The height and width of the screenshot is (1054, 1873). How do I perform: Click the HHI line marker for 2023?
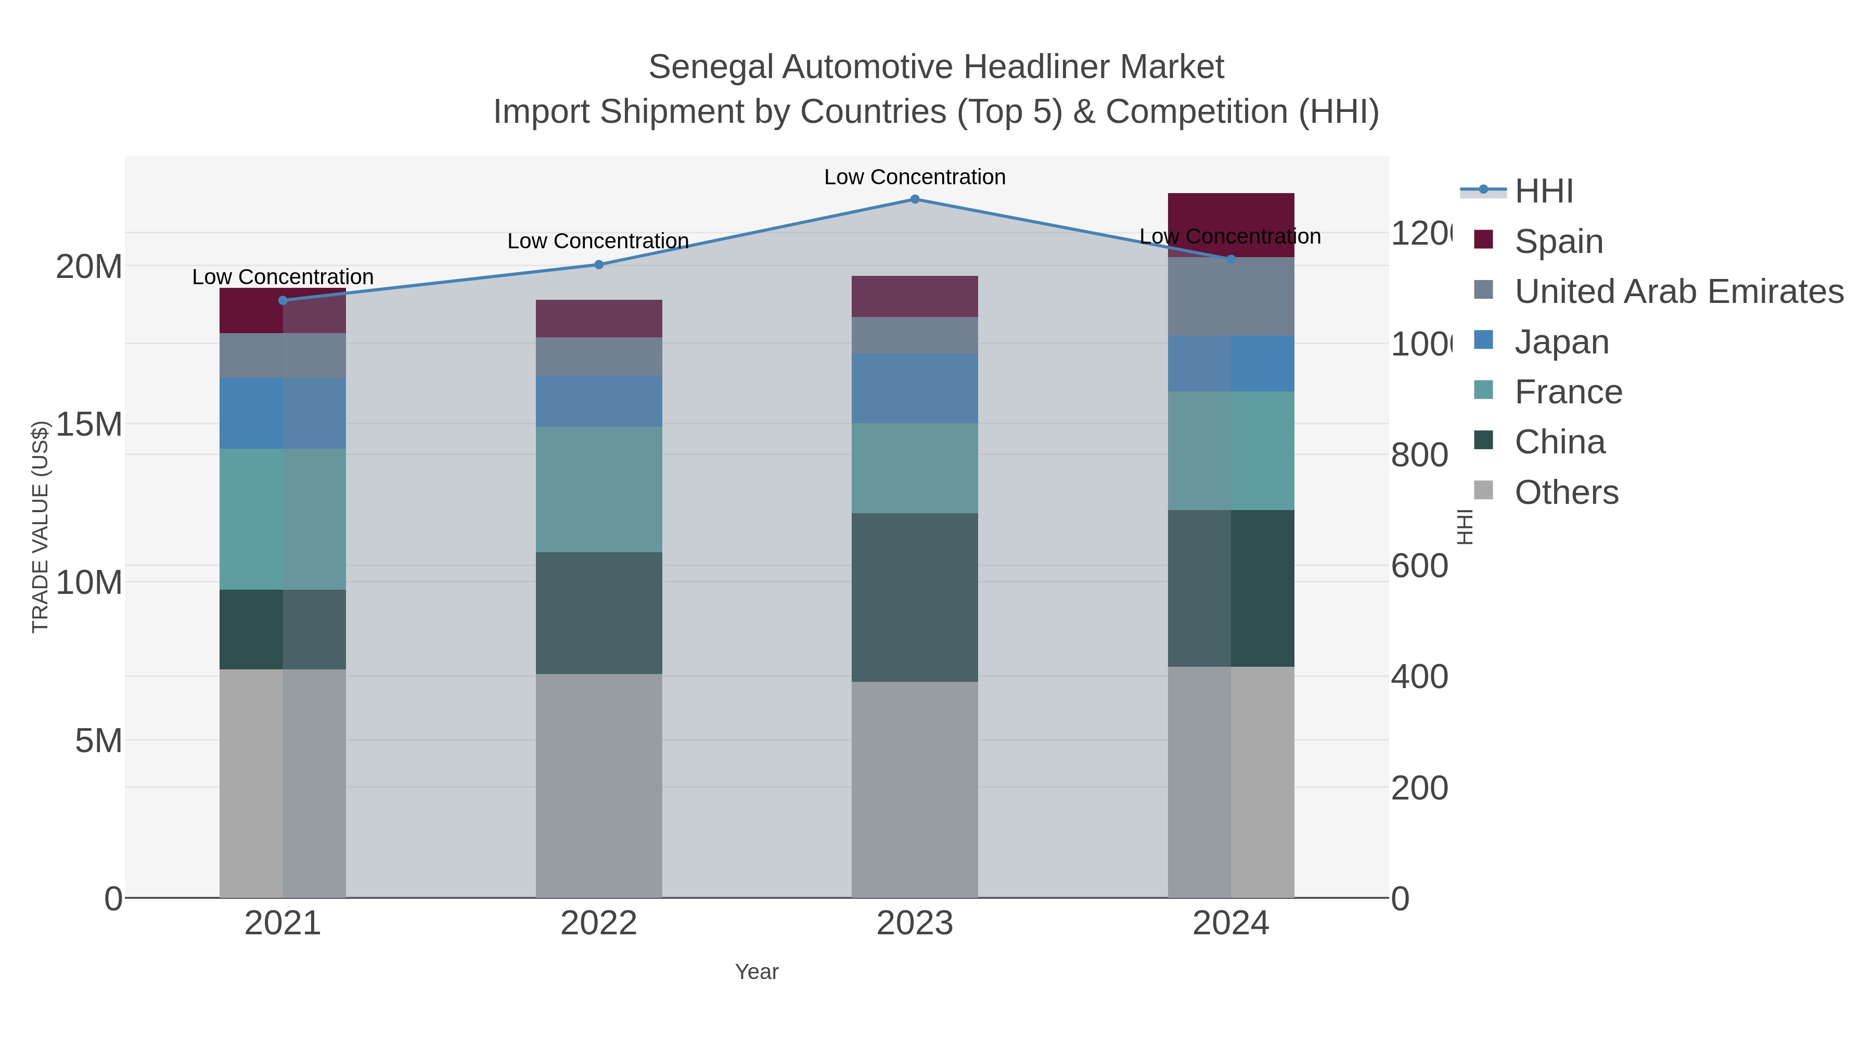click(915, 199)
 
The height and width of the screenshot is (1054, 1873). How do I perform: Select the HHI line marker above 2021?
click(283, 300)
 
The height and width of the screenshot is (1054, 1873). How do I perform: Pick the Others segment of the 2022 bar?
click(598, 785)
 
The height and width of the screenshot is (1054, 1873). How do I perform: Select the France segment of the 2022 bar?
click(598, 490)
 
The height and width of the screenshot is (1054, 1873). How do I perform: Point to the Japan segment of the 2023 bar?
click(915, 388)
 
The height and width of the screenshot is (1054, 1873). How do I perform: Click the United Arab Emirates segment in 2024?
click(1230, 296)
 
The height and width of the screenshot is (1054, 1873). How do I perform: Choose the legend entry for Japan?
click(1561, 342)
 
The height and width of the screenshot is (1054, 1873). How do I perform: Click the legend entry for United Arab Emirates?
click(1678, 291)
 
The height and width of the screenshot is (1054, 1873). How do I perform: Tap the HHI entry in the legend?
click(1544, 192)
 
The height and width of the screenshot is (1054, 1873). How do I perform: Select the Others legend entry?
click(1566, 492)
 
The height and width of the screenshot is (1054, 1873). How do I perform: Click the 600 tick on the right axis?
click(1419, 566)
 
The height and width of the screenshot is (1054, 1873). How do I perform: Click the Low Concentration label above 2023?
click(915, 177)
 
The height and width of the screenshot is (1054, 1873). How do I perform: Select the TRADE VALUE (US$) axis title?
click(40, 527)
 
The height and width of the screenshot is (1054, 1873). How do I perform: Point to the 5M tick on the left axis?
click(98, 741)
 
